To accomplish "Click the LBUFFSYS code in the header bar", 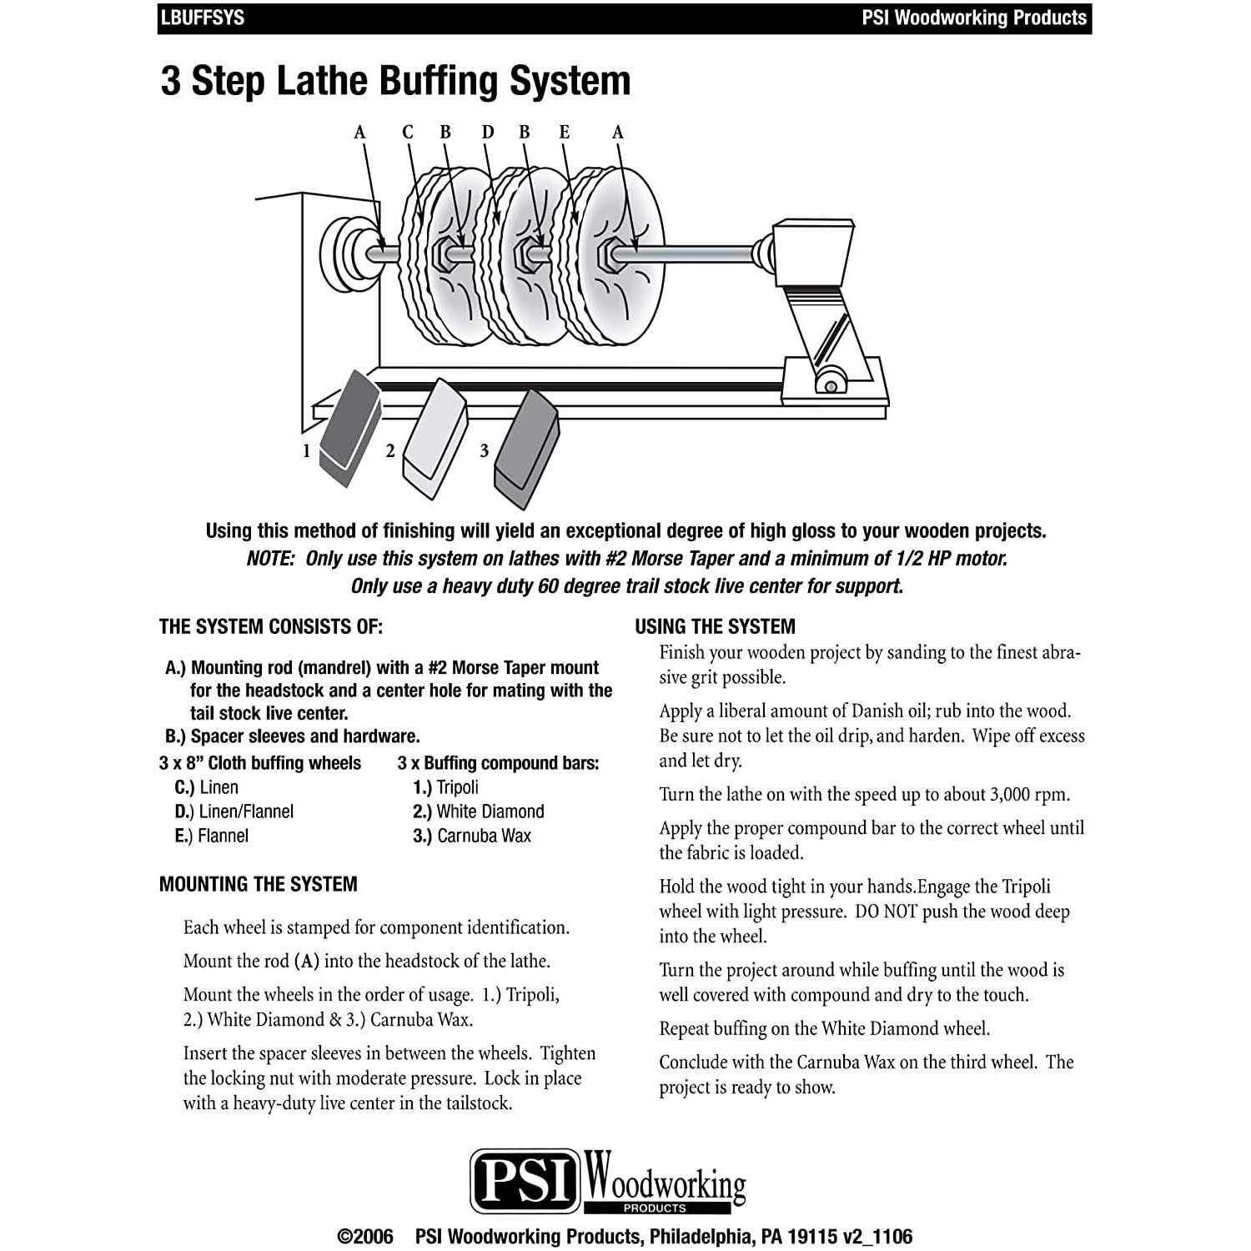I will click(203, 18).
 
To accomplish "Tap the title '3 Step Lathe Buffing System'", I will click(395, 82).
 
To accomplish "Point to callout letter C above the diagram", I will click(408, 132).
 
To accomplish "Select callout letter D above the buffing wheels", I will click(488, 132).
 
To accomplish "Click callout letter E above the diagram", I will click(565, 132).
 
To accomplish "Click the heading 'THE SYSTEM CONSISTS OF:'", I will click(271, 627).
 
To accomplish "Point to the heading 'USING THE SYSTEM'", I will click(715, 627).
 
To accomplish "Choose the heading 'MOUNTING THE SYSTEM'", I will click(258, 884).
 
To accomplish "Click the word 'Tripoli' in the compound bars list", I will click(457, 787).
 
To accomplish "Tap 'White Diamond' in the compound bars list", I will click(490, 811).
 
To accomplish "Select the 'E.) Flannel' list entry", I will click(212, 836).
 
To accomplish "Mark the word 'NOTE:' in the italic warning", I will click(270, 559).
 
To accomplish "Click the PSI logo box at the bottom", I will click(525, 1180).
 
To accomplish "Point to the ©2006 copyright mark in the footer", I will click(364, 1236).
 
